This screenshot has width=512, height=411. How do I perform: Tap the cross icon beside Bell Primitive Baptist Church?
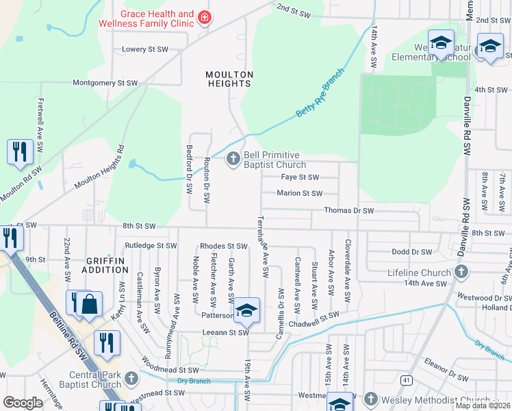click(233, 160)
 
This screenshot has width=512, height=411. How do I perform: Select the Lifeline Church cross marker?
click(461, 273)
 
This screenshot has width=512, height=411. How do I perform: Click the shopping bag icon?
click(90, 304)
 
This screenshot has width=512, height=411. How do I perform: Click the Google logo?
click(23, 403)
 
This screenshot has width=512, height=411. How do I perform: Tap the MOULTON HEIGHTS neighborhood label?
click(230, 79)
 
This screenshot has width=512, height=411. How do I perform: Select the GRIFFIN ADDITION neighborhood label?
click(105, 266)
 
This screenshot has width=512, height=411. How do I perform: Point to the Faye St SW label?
click(300, 177)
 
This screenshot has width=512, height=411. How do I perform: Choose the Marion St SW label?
click(299, 193)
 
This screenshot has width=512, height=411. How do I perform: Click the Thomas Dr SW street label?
click(349, 211)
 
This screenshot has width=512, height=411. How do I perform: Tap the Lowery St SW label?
click(144, 49)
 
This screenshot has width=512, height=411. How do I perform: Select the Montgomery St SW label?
click(105, 83)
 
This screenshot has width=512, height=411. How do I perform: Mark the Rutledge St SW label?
click(151, 245)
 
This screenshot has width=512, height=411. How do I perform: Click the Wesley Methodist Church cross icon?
click(370, 399)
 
